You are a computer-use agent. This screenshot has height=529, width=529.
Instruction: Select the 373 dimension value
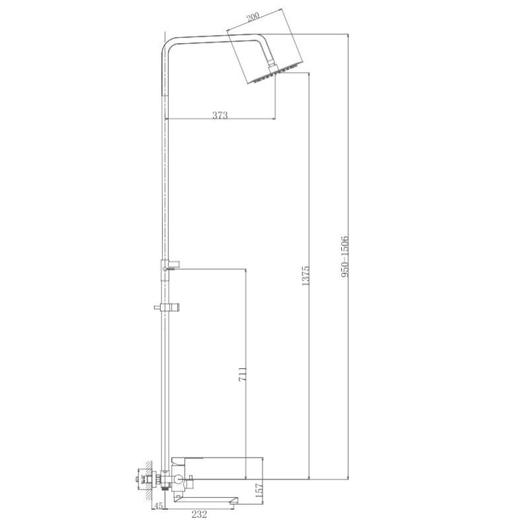click(x=220, y=115)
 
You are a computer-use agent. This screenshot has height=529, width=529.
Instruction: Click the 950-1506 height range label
click(x=344, y=258)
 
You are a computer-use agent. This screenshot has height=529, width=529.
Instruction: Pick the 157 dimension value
click(x=259, y=490)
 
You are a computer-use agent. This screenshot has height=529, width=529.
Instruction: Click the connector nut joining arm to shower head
click(x=271, y=66)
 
